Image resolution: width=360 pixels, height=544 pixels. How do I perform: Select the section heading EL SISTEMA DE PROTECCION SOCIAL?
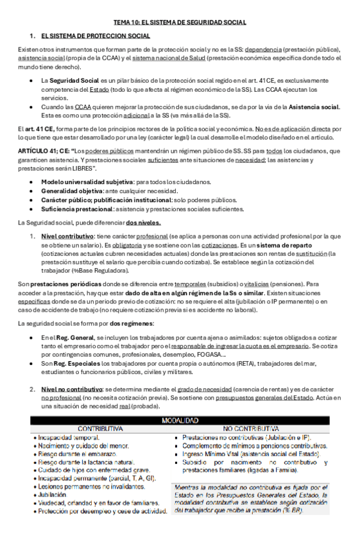[x=95, y=36]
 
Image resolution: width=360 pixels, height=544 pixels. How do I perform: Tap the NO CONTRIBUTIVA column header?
[x=251, y=429]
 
